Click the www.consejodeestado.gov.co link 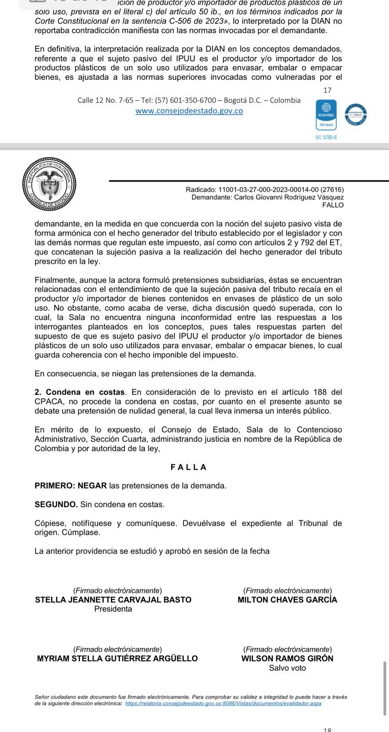pos(189,111)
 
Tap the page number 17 pos(327,91)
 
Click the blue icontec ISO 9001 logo pos(326,115)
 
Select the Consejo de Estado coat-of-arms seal pos(49,183)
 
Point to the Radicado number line pos(265,189)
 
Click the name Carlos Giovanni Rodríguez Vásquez pos(289,197)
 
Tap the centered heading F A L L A pos(189,467)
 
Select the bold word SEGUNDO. pos(56,504)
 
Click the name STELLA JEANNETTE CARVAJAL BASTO pos(113,600)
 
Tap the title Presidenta pos(113,609)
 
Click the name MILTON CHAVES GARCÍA pos(287,600)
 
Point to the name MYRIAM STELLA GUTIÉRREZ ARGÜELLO pos(117,658)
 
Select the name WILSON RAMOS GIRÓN pos(287,658)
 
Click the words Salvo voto pos(287,668)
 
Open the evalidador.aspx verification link pos(223,703)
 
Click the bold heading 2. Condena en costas pos(80,392)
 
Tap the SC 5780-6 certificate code pos(326,137)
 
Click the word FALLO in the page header pos(333,205)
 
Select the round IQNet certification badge pos(356,115)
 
